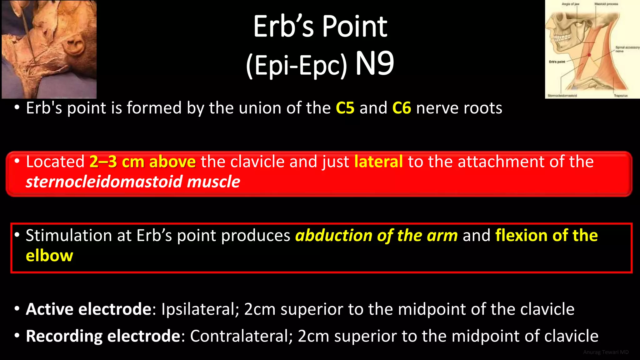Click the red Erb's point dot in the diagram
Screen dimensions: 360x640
tap(589, 55)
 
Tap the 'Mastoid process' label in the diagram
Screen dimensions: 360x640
tap(606, 4)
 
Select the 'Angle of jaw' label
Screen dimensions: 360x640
tap(570, 4)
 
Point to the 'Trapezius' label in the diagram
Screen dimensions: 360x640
tap(621, 96)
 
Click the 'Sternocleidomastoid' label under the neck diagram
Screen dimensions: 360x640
tap(562, 96)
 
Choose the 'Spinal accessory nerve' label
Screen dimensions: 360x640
tap(627, 49)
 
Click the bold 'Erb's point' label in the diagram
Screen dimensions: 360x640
tap(557, 62)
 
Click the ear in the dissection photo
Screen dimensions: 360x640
tap(75, 47)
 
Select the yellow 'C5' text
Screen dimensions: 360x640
tap(345, 108)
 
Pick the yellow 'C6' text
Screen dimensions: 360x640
tap(402, 108)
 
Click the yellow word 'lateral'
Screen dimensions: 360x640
tap(378, 162)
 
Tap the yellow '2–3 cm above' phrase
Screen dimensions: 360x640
tap(142, 162)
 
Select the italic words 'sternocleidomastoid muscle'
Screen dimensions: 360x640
tap(133, 182)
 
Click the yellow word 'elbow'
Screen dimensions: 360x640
tap(49, 256)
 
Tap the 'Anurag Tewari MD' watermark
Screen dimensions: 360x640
tap(606, 352)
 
